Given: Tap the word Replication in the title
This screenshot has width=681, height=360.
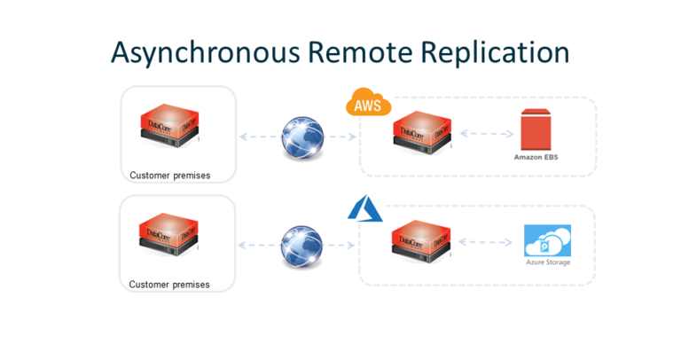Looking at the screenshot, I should click(496, 52).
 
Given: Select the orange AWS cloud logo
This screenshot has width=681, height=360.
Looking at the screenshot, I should click(368, 104).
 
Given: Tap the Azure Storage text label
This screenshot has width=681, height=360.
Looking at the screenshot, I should click(547, 262).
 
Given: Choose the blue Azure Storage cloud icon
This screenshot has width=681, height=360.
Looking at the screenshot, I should click(547, 240).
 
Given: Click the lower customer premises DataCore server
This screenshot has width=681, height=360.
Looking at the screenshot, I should click(168, 239).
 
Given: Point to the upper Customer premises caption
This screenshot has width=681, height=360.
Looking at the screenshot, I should click(169, 176).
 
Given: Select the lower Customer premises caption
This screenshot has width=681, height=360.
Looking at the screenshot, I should click(169, 285).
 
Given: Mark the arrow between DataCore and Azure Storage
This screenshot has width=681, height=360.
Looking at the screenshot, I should click(487, 241).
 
